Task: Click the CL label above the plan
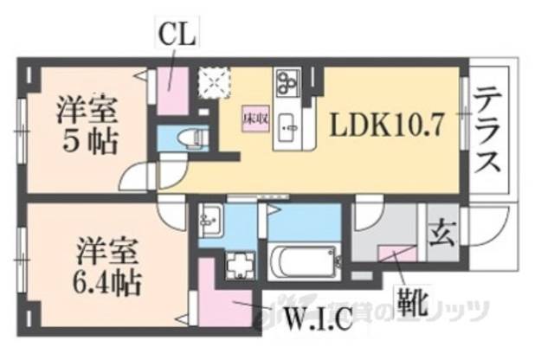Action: [177, 35]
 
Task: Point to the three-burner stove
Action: [287, 82]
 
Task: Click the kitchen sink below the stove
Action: [287, 130]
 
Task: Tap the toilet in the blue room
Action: [192, 138]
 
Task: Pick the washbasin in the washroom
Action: [210, 222]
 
